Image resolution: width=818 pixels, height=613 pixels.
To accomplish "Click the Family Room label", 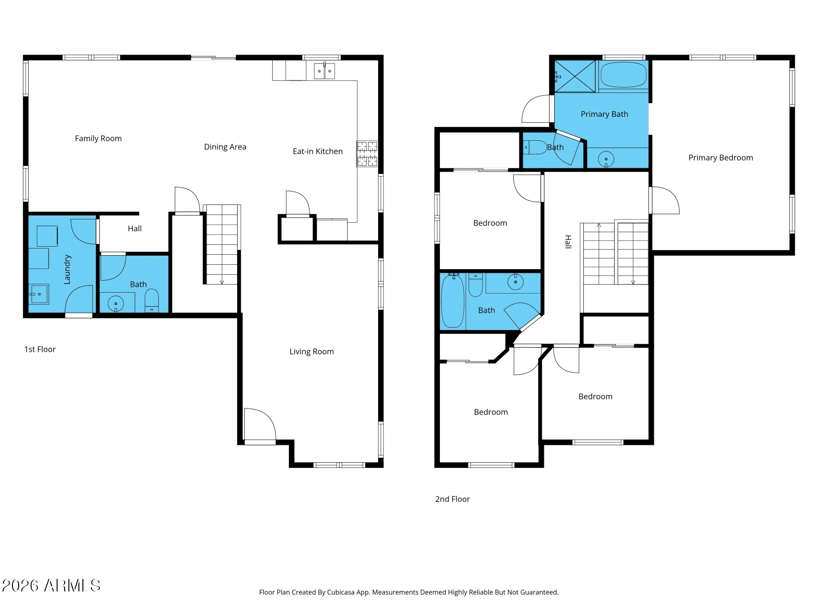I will (x=98, y=138).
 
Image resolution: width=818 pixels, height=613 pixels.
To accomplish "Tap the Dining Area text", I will (x=225, y=147).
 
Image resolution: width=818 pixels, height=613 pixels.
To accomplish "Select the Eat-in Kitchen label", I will (x=317, y=151).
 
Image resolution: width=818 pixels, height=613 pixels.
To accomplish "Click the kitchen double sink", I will (x=324, y=71).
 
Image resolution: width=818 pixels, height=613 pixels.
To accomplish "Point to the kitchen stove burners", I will (x=367, y=154).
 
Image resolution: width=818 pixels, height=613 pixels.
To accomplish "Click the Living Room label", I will (x=311, y=352).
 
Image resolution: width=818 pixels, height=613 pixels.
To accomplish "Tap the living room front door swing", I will (x=260, y=424).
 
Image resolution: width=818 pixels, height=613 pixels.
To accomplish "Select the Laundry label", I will (x=67, y=269).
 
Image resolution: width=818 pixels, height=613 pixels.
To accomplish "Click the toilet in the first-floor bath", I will (x=151, y=300).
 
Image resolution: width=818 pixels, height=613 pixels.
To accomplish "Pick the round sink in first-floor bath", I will (x=115, y=304).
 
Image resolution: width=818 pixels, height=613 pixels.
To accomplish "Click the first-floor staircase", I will (x=222, y=244).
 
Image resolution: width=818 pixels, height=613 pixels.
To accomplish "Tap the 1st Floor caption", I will (x=40, y=350).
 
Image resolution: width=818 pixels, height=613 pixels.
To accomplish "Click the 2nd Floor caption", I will (x=452, y=499).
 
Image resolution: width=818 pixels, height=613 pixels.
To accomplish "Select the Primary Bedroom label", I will (x=720, y=158).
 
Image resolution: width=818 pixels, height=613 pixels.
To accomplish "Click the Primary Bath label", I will (x=604, y=114).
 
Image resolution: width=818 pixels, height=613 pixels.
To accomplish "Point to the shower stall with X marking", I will (x=575, y=76).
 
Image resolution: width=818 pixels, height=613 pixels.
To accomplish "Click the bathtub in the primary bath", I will (x=623, y=75).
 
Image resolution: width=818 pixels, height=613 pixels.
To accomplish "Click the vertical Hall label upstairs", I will (x=568, y=242).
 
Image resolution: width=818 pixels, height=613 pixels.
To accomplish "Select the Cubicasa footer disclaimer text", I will (x=408, y=592).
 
